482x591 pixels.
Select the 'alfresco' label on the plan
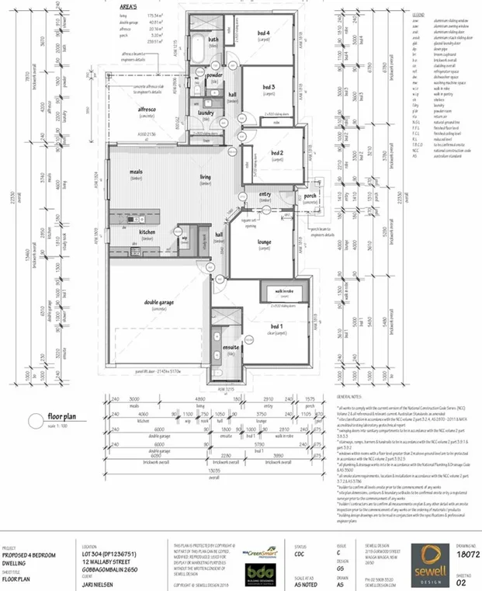[147, 110]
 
